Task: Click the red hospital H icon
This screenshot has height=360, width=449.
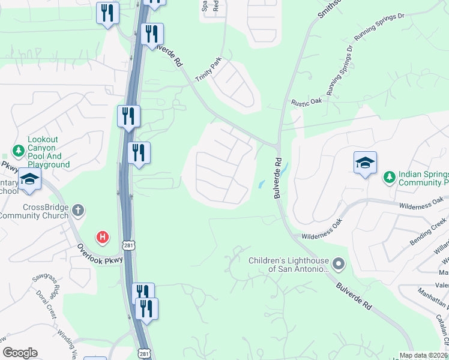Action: (x=103, y=238)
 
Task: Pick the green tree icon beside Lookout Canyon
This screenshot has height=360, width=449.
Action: (x=19, y=149)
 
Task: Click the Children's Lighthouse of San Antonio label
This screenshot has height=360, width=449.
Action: (x=289, y=264)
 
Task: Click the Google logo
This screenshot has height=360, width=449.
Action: (x=20, y=353)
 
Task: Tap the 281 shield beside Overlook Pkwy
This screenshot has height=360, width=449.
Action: (x=128, y=245)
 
